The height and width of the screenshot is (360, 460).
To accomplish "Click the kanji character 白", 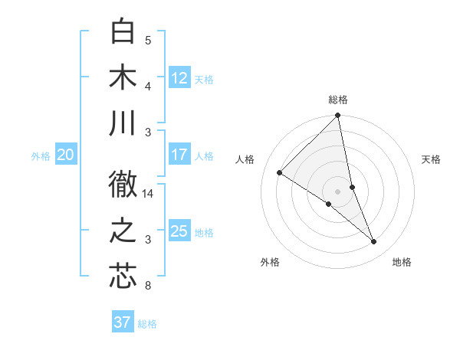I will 123,31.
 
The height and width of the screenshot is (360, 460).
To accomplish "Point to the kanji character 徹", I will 123,184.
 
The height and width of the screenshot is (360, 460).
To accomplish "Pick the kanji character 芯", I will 123,276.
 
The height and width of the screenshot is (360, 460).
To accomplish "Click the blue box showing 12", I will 179,78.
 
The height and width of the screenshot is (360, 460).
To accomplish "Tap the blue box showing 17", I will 179,155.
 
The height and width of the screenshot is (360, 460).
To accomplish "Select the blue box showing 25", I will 179,231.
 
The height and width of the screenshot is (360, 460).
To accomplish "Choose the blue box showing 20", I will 65,155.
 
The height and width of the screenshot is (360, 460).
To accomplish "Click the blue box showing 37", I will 122,322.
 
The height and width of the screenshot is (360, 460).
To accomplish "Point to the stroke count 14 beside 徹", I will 148,194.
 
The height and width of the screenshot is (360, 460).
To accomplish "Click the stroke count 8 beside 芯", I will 147,286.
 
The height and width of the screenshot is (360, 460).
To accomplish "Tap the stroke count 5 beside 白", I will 147,41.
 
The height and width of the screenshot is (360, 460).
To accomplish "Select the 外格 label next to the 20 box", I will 41,156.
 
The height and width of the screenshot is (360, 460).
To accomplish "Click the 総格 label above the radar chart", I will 338,100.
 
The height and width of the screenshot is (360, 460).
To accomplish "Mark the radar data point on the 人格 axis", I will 280,173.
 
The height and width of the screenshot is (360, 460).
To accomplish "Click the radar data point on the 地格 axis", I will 374,242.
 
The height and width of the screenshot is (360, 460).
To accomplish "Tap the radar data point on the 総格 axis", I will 338,116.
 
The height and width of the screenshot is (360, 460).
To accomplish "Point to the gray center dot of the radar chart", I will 338,191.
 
